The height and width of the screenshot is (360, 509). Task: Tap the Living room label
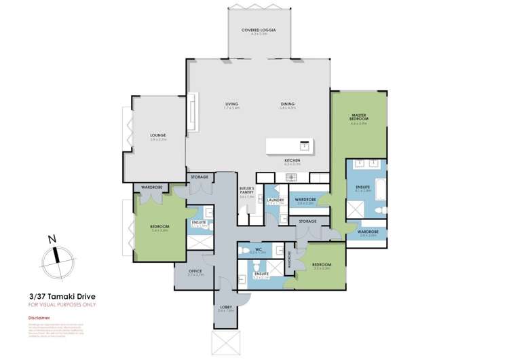(233, 104)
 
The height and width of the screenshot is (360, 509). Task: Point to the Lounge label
(158, 136)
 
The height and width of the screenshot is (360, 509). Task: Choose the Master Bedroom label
(358, 118)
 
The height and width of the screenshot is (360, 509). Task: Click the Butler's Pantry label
(248, 192)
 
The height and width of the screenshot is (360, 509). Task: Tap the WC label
(258, 250)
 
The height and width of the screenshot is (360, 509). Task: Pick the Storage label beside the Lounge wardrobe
(200, 177)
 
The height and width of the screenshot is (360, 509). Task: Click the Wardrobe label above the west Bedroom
(151, 187)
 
